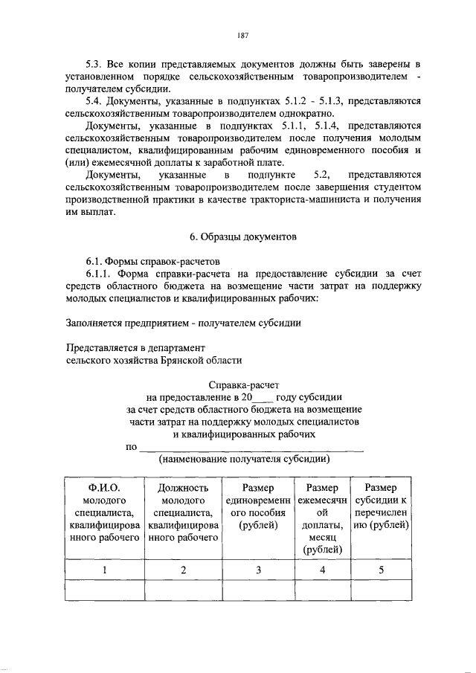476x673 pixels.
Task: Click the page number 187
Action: click(x=242, y=34)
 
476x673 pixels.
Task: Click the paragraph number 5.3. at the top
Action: click(x=96, y=60)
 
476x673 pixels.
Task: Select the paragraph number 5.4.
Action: click(x=96, y=100)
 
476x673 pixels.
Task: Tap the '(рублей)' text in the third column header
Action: click(x=258, y=525)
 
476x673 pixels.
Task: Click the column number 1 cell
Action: click(x=104, y=570)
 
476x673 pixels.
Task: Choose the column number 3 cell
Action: click(x=258, y=570)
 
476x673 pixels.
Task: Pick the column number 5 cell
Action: click(x=381, y=570)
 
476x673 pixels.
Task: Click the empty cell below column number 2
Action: click(x=182, y=590)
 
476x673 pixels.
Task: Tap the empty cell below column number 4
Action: click(x=322, y=590)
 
